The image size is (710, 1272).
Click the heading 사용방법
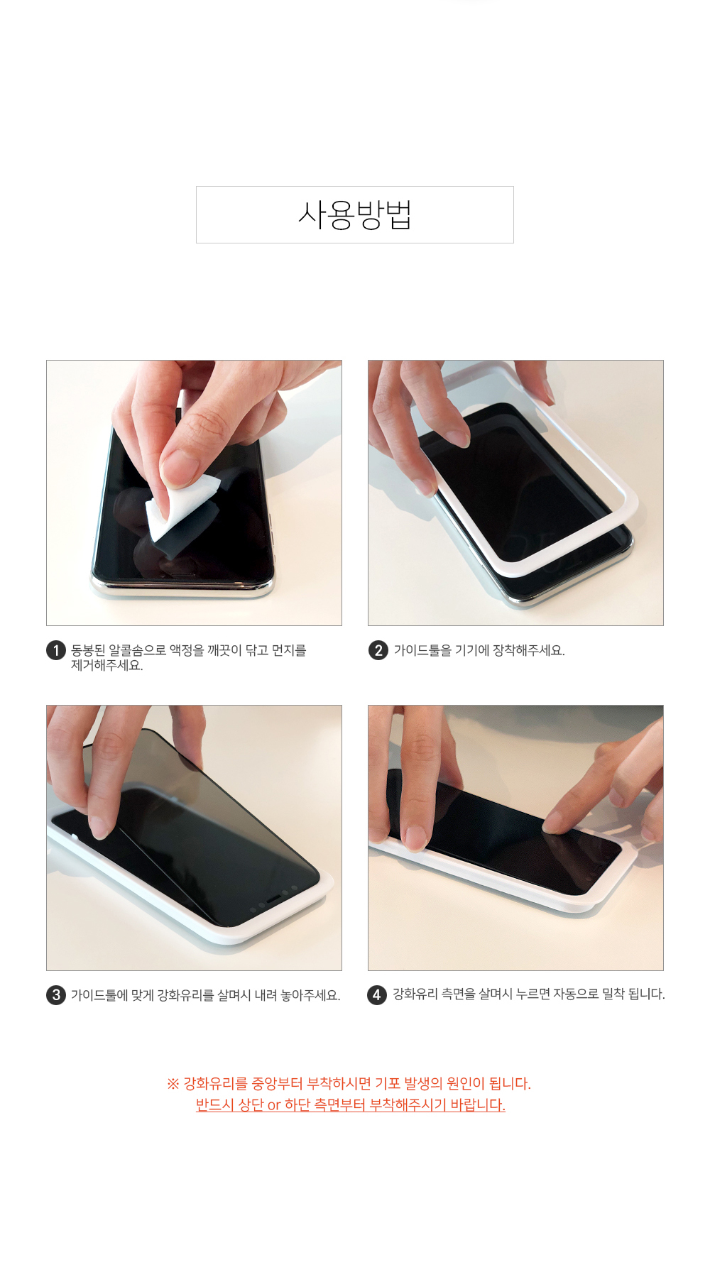click(x=354, y=215)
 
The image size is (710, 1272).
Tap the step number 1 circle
click(x=56, y=650)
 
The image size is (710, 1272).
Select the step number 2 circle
click(x=378, y=650)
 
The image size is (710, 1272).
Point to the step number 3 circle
click(x=56, y=995)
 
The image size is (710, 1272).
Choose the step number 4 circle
click(x=377, y=995)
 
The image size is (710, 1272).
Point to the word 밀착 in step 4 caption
click(x=613, y=994)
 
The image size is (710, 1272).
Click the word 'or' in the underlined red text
click(x=274, y=1105)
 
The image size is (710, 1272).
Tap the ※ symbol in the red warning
click(x=173, y=1084)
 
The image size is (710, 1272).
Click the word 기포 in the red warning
click(x=388, y=1084)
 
